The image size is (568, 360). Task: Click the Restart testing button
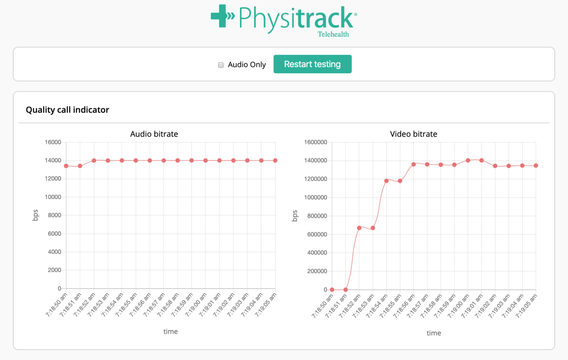(312, 64)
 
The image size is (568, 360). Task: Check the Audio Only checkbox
(221, 65)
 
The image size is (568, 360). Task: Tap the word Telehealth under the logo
(333, 34)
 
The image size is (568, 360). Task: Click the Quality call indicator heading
(67, 110)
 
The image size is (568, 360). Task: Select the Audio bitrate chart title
(154, 134)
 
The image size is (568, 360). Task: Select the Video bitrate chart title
(414, 134)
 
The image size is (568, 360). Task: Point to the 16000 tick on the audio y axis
(53, 142)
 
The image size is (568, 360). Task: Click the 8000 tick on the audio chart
(54, 215)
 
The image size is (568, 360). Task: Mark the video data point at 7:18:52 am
(359, 228)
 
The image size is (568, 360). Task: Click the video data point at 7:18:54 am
(386, 181)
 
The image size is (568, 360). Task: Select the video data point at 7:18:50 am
(332, 289)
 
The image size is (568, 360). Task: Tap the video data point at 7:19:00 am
(468, 160)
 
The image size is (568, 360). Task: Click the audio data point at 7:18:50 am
(66, 166)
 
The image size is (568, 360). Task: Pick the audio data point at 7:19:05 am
(275, 160)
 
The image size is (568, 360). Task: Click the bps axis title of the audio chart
(35, 215)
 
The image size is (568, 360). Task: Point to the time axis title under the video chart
(434, 333)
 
